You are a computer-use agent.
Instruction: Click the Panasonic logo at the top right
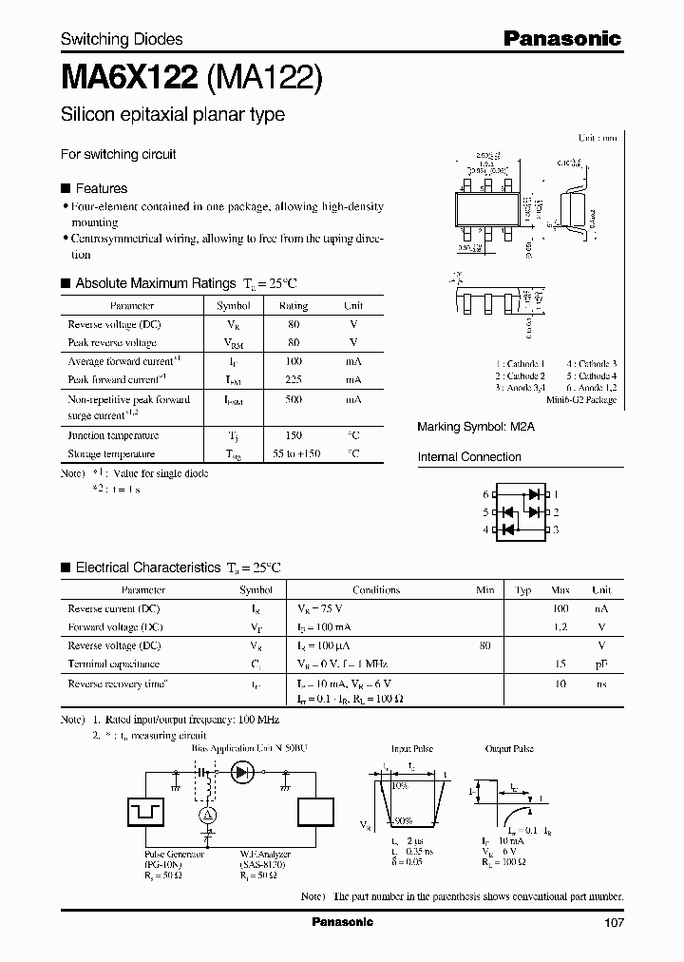pyautogui.click(x=561, y=39)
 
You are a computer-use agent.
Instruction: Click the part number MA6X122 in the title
pyautogui.click(x=129, y=76)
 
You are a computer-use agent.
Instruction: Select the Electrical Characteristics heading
pyautogui.click(x=148, y=568)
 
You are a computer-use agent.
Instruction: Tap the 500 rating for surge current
pyautogui.click(x=293, y=400)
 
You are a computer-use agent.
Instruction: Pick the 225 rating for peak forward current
pyautogui.click(x=293, y=379)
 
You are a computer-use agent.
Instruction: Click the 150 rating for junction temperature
pyautogui.click(x=293, y=435)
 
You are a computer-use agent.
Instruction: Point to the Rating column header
pyautogui.click(x=293, y=306)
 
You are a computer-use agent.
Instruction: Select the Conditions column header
pyautogui.click(x=376, y=589)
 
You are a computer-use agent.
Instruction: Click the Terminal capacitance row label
pyautogui.click(x=113, y=664)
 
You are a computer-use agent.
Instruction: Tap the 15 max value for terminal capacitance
pyautogui.click(x=561, y=664)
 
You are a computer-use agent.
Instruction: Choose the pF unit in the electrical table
pyautogui.click(x=601, y=664)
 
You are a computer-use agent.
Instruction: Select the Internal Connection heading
pyautogui.click(x=469, y=457)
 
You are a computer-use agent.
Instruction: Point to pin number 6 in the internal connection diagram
pyautogui.click(x=484, y=494)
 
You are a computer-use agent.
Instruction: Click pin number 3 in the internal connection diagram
pyautogui.click(x=557, y=529)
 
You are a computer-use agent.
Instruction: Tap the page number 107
pyautogui.click(x=613, y=922)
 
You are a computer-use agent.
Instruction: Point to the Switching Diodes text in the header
pyautogui.click(x=122, y=39)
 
